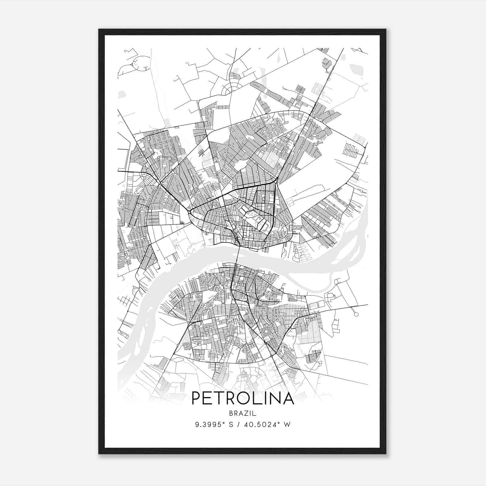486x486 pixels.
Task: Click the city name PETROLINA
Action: pyautogui.click(x=243, y=398)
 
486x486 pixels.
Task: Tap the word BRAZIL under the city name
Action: pyautogui.click(x=243, y=413)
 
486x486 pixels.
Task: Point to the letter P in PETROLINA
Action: pyautogui.click(x=196, y=398)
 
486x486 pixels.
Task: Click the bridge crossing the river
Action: pyautogui.click(x=238, y=255)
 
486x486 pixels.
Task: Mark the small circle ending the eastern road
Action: pyautogui.click(x=356, y=314)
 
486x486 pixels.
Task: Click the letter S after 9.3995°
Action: pyautogui.click(x=231, y=425)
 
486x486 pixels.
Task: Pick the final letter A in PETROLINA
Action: pyautogui.click(x=288, y=398)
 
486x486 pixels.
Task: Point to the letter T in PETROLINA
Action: pyautogui.click(x=218, y=398)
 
